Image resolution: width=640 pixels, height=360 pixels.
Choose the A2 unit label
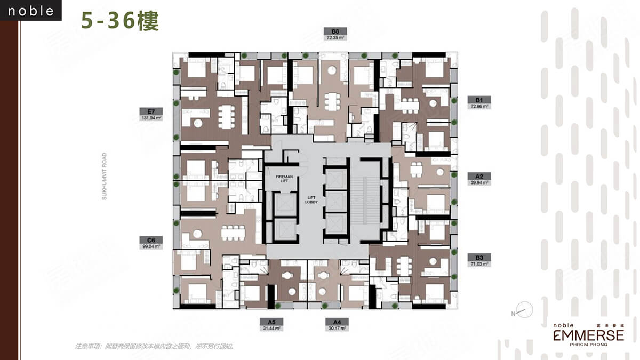pos(479,175)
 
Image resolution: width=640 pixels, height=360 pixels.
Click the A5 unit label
pos(271,322)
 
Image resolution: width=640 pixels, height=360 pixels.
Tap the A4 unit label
pos(337,322)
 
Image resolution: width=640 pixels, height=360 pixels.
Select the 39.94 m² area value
pos(479,182)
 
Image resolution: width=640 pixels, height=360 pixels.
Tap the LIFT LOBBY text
pos(311,199)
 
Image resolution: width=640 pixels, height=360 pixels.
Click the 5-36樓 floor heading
pos(120,21)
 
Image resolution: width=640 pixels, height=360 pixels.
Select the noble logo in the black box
pos(31,11)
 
